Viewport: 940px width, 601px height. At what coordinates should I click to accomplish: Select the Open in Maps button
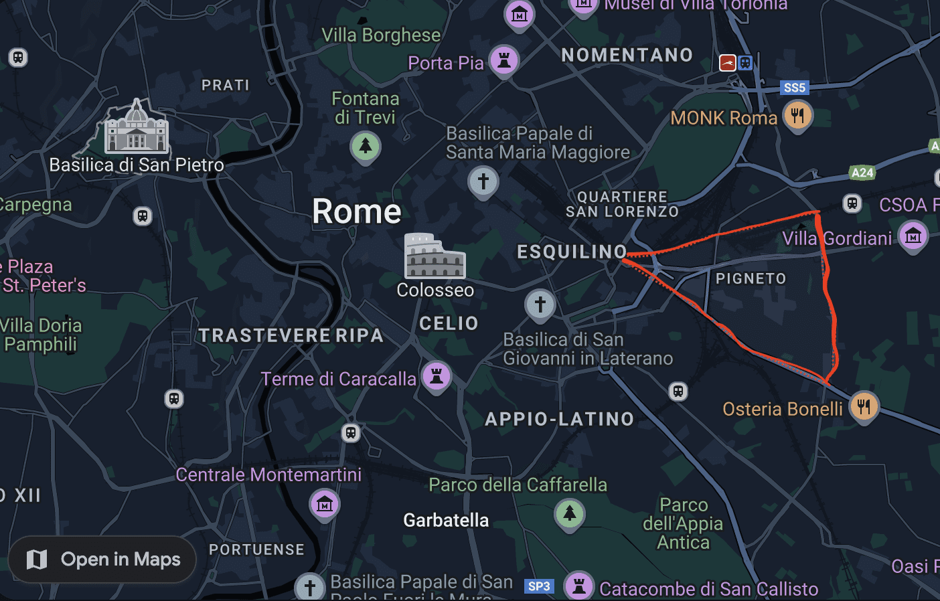[102, 560]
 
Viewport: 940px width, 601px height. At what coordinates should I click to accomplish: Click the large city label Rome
[357, 211]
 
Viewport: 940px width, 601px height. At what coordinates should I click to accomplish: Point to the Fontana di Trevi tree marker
[366, 146]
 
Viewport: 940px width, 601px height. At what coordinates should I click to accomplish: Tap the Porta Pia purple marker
[504, 60]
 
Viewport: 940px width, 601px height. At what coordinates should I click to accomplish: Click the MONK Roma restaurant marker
[797, 115]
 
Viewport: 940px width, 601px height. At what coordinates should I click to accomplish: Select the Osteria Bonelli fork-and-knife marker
[864, 406]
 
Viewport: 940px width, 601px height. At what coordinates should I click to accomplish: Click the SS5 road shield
[795, 88]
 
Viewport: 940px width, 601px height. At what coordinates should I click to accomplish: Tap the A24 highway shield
[862, 173]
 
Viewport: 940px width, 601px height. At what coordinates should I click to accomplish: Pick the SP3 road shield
[539, 586]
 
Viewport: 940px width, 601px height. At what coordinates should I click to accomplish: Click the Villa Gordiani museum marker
[913, 236]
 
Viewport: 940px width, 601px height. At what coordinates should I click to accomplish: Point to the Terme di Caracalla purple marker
[437, 376]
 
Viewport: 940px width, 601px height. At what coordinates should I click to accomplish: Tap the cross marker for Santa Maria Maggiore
[483, 181]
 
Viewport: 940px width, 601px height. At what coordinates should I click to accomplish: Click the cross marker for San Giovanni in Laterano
[540, 305]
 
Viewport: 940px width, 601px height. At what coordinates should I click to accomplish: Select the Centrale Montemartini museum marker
[325, 504]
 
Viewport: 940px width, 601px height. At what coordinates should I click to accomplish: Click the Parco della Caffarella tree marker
[570, 514]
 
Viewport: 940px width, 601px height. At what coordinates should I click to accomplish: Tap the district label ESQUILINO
[572, 252]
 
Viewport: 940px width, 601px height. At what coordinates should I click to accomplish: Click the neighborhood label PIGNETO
[751, 278]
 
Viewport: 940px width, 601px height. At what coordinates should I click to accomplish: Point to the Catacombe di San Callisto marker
[580, 586]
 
